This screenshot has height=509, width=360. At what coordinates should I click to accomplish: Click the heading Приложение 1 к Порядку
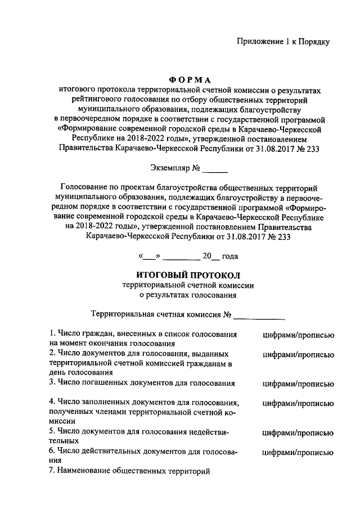pos(282,41)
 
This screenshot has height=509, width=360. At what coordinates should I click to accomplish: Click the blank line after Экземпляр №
pos(214,168)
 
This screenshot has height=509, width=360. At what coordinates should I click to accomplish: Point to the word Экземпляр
pos(170,168)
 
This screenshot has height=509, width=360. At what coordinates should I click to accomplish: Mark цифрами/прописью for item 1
pos(299,335)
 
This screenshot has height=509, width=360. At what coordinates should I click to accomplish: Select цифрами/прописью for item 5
pos(299,433)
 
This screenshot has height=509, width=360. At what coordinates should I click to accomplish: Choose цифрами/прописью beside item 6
pos(299,452)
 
